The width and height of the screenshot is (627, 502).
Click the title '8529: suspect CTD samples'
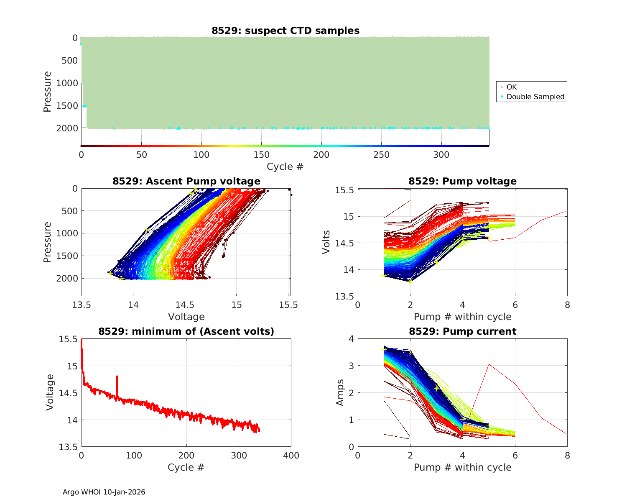coord(285,31)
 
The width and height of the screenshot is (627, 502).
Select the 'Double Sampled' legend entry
coord(535,97)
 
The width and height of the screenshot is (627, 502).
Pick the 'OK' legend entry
coord(511,87)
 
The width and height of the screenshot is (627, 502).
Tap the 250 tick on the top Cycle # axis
coord(381,155)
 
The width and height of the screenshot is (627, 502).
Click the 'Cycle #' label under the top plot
coord(285,166)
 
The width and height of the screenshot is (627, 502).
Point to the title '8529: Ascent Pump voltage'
coord(186,181)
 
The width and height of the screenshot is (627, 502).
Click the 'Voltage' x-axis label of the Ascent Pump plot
coord(186,317)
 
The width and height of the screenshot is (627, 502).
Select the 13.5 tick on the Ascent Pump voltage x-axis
coord(82,305)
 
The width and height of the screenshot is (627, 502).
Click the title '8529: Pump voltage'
coord(462,181)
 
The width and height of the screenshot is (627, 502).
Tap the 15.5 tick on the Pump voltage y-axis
coord(344,190)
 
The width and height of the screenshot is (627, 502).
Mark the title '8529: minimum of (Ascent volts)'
coord(186,331)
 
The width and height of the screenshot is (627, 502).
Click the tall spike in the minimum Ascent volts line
coord(117,377)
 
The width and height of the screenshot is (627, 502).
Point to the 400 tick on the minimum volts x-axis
coord(291,456)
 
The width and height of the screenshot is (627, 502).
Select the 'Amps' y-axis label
coord(340,392)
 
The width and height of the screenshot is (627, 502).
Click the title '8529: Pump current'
coord(462,331)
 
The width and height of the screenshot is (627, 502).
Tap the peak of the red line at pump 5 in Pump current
coord(489,364)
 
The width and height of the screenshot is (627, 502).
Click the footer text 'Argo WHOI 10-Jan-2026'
coord(104,492)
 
